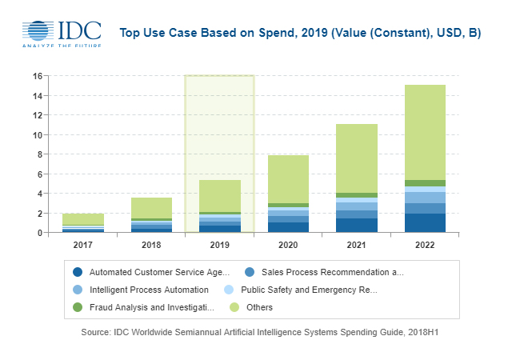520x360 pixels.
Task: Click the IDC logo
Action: [62, 31]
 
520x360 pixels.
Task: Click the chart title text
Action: [300, 33]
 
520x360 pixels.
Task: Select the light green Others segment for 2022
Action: [426, 132]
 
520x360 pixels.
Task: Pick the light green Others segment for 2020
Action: [288, 179]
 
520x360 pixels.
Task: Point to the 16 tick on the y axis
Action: [37, 76]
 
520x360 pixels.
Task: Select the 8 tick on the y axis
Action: [38, 154]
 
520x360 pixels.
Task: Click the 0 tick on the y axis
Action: [38, 233]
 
